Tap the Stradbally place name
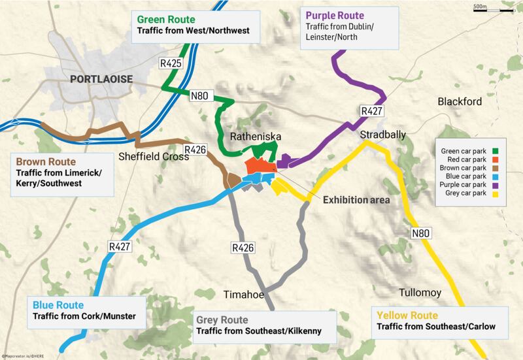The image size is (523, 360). click(383, 134)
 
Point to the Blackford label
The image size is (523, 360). click(460, 102)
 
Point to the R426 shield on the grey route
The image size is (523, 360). click(243, 248)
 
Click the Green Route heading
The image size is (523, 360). click(163, 19)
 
